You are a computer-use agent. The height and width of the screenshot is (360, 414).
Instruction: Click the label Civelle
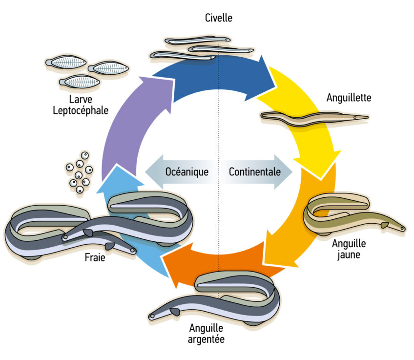click(219, 19)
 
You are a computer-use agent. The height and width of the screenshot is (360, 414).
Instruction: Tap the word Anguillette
click(349, 98)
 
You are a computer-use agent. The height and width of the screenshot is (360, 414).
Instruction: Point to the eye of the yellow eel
click(402, 228)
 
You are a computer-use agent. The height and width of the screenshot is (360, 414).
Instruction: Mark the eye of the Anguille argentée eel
click(153, 316)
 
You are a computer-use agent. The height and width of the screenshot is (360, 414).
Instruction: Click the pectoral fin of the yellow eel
click(385, 225)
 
